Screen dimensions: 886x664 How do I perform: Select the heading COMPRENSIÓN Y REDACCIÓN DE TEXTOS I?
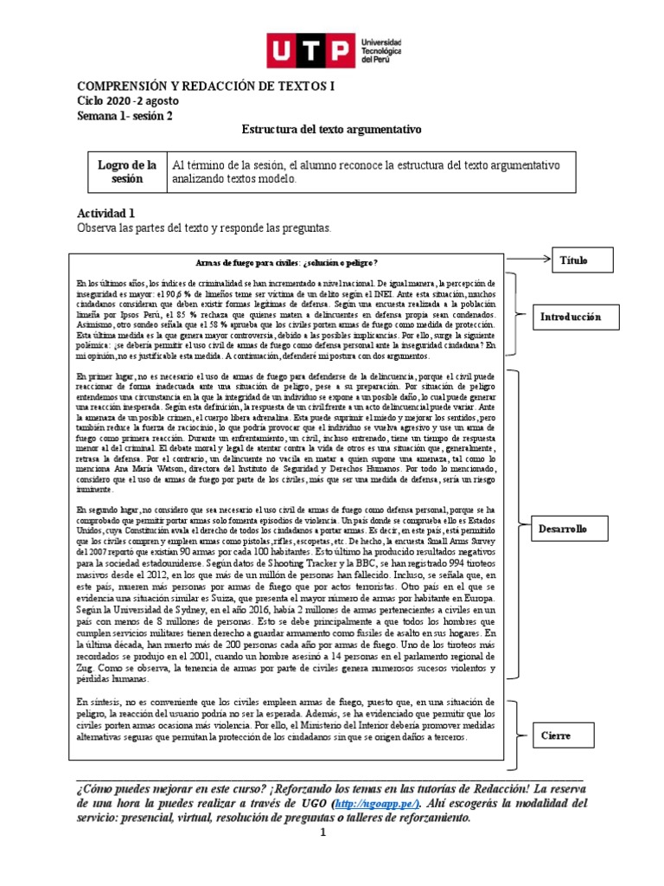pos(205,87)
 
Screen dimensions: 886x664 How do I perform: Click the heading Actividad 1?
pos(106,213)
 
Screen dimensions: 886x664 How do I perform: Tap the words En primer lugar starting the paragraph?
pos(102,377)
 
